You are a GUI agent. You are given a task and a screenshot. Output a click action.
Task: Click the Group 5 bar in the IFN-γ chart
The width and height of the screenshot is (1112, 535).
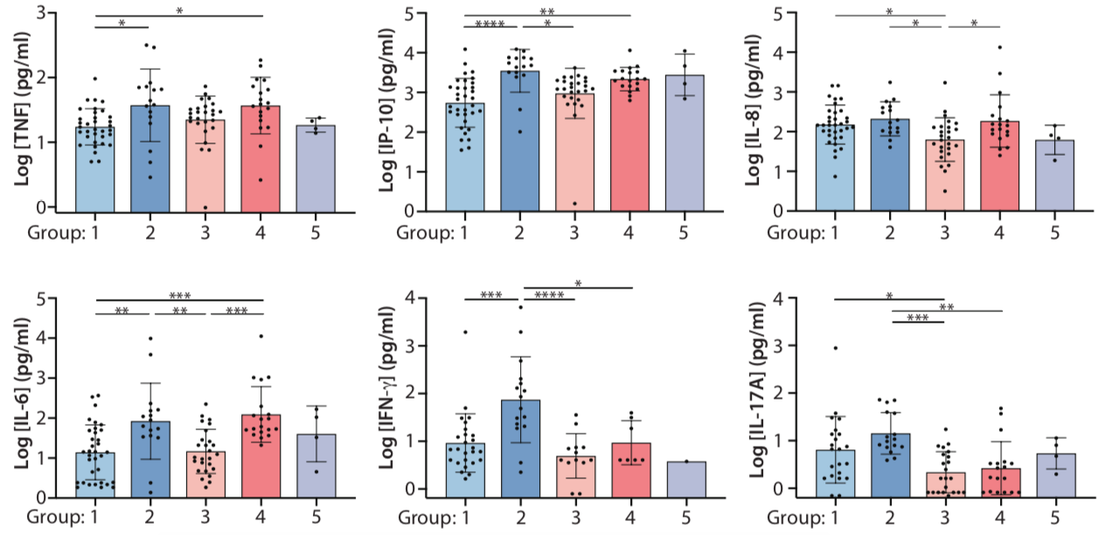685,480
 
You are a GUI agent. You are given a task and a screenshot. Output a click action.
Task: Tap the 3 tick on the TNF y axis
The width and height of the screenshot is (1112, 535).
41,14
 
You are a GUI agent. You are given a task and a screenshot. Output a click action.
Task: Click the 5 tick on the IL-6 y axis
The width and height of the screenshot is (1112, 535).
41,299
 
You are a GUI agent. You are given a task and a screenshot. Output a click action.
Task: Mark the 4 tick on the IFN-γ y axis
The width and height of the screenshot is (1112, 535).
414,299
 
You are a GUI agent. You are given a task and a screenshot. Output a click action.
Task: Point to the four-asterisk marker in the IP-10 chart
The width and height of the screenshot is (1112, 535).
492,24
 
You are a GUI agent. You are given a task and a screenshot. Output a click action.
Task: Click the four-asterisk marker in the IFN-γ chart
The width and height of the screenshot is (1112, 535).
548,295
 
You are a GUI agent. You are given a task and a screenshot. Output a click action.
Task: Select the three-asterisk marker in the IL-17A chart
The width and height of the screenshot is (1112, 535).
917,319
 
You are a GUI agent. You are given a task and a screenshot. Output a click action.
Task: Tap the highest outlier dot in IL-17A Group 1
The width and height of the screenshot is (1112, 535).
836,348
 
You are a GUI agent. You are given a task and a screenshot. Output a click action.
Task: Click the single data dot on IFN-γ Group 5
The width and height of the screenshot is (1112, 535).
685,461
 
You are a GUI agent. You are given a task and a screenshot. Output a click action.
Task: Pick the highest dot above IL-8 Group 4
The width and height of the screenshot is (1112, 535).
999,47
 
